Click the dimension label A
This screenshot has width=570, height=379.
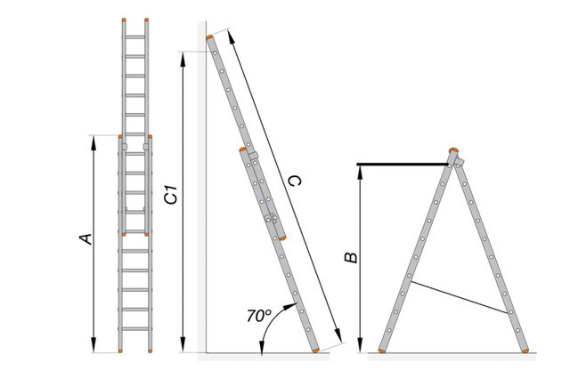coord(86,238)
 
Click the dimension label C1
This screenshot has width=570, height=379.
coord(171,194)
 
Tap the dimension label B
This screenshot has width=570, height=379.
coord(351,257)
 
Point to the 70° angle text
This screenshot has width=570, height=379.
coord(259,316)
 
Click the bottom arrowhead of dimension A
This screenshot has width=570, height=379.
coord(94,345)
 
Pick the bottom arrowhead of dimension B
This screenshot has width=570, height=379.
coord(360,345)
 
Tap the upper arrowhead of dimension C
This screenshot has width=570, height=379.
coord(231,37)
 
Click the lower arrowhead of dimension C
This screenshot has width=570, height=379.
coord(338,335)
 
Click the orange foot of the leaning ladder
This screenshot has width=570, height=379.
coord(316,351)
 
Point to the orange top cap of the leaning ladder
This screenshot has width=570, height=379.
coord(209,37)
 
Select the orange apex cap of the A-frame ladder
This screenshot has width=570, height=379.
coord(453,150)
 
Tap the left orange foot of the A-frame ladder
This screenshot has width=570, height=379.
coord(382,351)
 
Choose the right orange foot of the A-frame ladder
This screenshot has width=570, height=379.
coord(525,351)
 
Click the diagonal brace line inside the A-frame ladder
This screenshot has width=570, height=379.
coord(459,297)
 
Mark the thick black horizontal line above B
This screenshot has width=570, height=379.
coord(403,165)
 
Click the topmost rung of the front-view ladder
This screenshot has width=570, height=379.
coord(135,37)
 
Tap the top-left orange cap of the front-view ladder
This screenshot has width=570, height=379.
coord(124,20)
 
